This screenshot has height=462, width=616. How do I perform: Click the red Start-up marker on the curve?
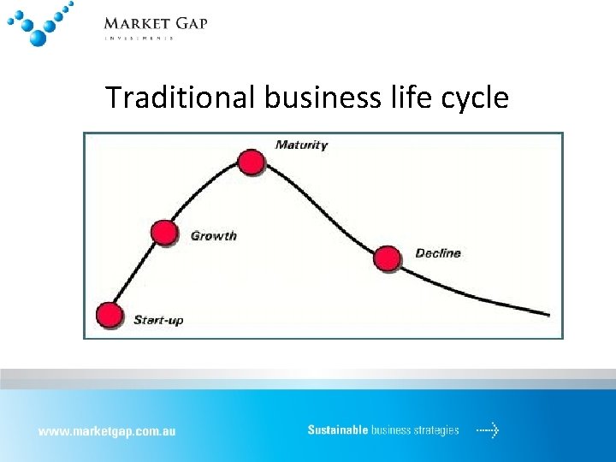109,316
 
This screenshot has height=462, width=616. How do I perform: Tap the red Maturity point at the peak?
251,162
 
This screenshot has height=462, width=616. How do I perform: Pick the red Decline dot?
388,258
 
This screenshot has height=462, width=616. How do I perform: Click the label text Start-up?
158,321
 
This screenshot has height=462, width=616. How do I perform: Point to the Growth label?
213,236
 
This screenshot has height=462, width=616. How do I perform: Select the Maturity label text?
301,145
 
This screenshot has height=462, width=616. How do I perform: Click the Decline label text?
437,253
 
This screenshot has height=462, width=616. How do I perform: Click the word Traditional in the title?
181,98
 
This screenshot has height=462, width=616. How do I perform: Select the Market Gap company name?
155,23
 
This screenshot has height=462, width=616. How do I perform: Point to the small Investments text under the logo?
139,38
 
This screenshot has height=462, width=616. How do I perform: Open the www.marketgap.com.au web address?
106,431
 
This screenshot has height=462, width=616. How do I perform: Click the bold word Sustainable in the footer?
338,430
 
